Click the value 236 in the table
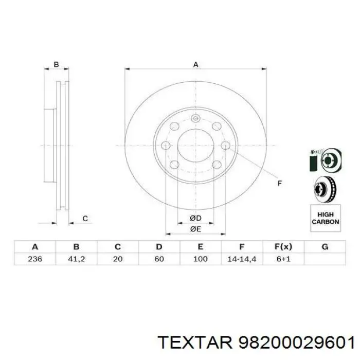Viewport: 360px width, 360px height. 35,259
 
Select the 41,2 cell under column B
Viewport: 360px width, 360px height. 76,259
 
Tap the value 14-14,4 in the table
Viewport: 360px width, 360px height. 241,259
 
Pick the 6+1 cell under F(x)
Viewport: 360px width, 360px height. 283,259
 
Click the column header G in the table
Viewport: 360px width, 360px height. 325,246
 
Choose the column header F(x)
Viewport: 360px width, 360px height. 283,246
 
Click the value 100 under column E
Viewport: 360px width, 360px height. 200,259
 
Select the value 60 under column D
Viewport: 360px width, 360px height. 159,259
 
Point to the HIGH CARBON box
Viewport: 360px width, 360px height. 325,218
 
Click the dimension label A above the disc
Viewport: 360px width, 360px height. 195,64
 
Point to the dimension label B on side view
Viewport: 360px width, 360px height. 57,64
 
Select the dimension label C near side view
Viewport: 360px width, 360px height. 85,219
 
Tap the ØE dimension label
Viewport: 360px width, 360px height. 195,228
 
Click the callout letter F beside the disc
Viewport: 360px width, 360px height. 280,183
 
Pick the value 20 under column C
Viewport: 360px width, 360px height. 117,259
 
